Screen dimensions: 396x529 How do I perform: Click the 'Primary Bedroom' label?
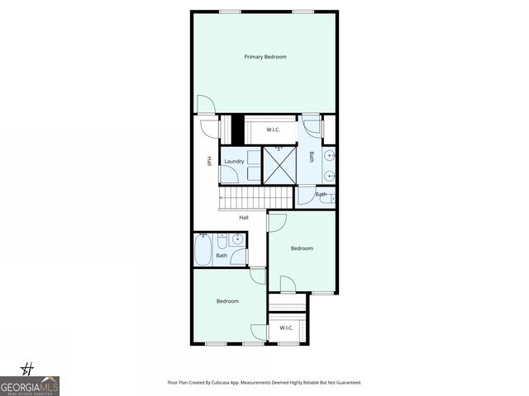point(264,57)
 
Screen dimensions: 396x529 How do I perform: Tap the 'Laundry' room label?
point(234,162)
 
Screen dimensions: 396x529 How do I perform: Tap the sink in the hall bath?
point(237,240)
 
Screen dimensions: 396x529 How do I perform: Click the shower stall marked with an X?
point(278,166)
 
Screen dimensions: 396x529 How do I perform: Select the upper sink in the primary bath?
point(330,155)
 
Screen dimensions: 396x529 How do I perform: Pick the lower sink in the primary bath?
point(330,174)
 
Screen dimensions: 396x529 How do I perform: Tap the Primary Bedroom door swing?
point(206,106)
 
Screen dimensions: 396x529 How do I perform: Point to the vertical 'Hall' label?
point(210,161)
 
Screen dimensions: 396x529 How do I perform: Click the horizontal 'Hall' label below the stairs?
point(244,217)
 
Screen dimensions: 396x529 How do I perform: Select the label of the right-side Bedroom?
point(302,247)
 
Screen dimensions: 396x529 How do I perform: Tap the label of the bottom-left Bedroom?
point(227,301)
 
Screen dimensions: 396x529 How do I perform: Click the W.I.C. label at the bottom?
point(286,328)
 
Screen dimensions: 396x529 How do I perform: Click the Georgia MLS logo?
point(30,383)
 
